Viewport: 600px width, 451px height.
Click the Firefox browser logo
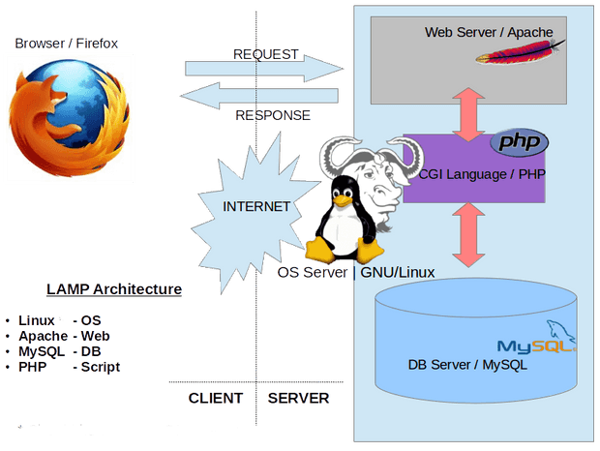70,118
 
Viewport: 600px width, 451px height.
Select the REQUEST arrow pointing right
264,69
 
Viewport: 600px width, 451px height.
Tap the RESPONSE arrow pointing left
259,96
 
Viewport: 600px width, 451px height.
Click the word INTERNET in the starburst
256,206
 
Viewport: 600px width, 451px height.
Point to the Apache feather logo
521,52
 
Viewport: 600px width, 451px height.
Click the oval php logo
520,142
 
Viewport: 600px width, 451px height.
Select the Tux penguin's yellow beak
342,200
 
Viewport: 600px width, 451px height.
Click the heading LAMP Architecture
114,289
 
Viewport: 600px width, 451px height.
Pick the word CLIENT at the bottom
216,398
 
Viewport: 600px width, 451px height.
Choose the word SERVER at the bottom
298,398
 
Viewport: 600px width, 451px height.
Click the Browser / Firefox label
66,44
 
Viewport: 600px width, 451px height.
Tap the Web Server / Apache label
489,32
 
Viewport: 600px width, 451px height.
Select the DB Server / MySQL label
467,365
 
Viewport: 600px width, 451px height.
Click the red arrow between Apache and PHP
468,115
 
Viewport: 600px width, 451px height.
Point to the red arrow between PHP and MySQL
468,235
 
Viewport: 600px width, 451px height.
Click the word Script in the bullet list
101,367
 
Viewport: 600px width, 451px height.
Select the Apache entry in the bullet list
43,336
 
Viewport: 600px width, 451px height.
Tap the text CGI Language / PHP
482,174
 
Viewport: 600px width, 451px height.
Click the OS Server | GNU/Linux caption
356,272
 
